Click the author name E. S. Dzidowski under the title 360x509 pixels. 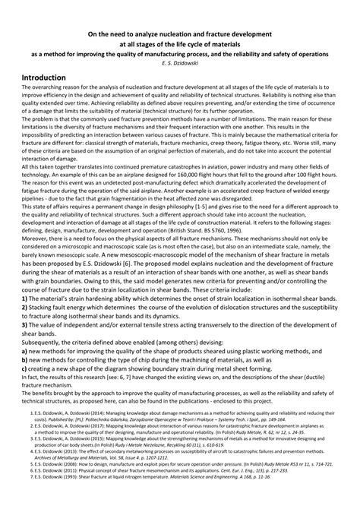coord(179,64)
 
